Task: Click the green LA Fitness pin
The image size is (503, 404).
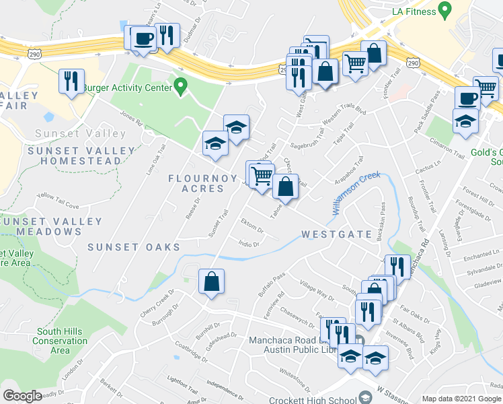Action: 444,10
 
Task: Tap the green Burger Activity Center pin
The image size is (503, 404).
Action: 180,86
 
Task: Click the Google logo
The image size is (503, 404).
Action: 22,396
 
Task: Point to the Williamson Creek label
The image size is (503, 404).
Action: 356,193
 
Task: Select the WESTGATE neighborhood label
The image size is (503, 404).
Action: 337,234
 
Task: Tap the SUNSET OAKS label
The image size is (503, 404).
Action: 133,247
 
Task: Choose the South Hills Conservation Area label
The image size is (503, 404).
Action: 60,341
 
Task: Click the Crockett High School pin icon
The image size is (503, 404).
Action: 365,397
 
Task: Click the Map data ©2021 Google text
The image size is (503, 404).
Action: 461,399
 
